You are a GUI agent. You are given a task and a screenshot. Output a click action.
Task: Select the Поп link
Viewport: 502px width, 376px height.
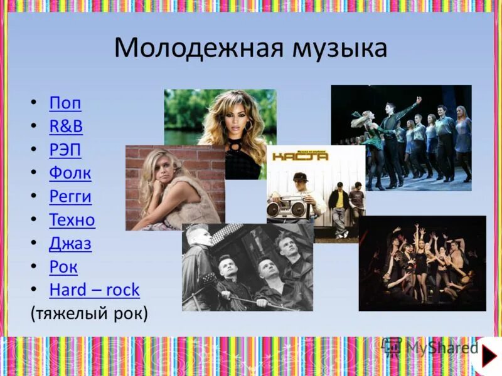pos(65,103)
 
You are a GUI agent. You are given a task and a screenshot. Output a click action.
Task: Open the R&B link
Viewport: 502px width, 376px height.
pos(66,126)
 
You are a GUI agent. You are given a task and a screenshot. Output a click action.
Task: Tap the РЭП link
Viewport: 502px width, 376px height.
pos(65,150)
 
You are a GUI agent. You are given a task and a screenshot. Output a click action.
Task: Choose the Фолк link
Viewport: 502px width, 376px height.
pos(70,173)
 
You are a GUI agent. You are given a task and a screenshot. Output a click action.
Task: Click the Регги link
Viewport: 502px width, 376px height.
pos(70,197)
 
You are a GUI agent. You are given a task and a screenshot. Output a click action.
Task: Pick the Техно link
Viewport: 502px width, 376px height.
pos(72,220)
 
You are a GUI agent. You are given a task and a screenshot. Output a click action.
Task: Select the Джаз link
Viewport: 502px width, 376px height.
pos(70,244)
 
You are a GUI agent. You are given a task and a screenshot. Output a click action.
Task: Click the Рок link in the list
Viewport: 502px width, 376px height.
pos(63,267)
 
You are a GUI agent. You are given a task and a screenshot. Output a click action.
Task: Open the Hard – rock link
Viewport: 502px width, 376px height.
pos(94,290)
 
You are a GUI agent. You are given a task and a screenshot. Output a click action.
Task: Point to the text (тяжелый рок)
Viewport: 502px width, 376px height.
pos(88,313)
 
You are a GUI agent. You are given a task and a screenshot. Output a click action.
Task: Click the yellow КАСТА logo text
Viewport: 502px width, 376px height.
pos(300,156)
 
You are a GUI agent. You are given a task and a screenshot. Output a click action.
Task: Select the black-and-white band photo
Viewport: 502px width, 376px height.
pos(247,268)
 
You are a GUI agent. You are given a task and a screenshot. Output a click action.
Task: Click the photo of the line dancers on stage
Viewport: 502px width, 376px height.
pos(402,138)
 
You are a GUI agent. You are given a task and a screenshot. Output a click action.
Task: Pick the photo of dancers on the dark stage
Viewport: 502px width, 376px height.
pos(422,263)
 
